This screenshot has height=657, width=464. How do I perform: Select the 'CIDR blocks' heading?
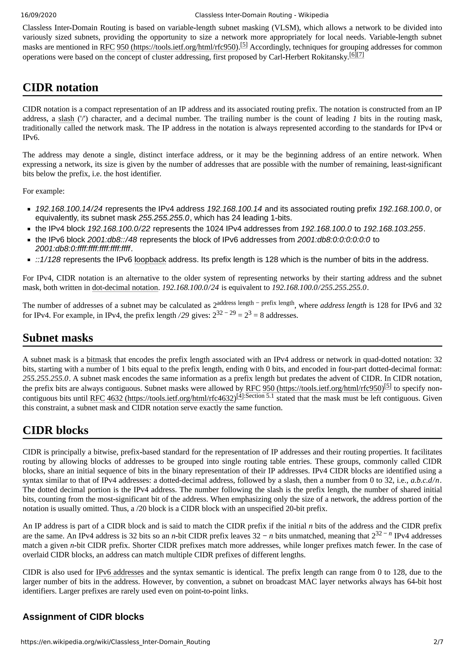coord(56,430)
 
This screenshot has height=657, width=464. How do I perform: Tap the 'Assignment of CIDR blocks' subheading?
coord(83,616)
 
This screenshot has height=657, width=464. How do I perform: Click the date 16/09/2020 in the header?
coord(39,15)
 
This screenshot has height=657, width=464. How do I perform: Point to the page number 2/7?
coord(438,642)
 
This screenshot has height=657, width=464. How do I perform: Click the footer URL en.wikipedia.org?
coord(115,642)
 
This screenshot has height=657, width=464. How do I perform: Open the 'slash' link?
coord(66,119)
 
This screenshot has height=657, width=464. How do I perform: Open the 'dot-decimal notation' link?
coord(125,288)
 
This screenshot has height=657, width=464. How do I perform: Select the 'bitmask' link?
coord(99,360)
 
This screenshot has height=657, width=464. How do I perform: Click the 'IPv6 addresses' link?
coord(120,572)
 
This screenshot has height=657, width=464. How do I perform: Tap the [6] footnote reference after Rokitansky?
coord(353,55)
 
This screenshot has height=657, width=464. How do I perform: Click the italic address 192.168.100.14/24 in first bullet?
coord(69,209)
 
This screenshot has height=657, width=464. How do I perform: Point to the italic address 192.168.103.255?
coord(393,229)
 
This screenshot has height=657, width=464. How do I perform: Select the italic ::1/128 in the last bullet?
coord(48,260)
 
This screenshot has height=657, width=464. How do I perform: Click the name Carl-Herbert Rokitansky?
coord(309,57)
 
